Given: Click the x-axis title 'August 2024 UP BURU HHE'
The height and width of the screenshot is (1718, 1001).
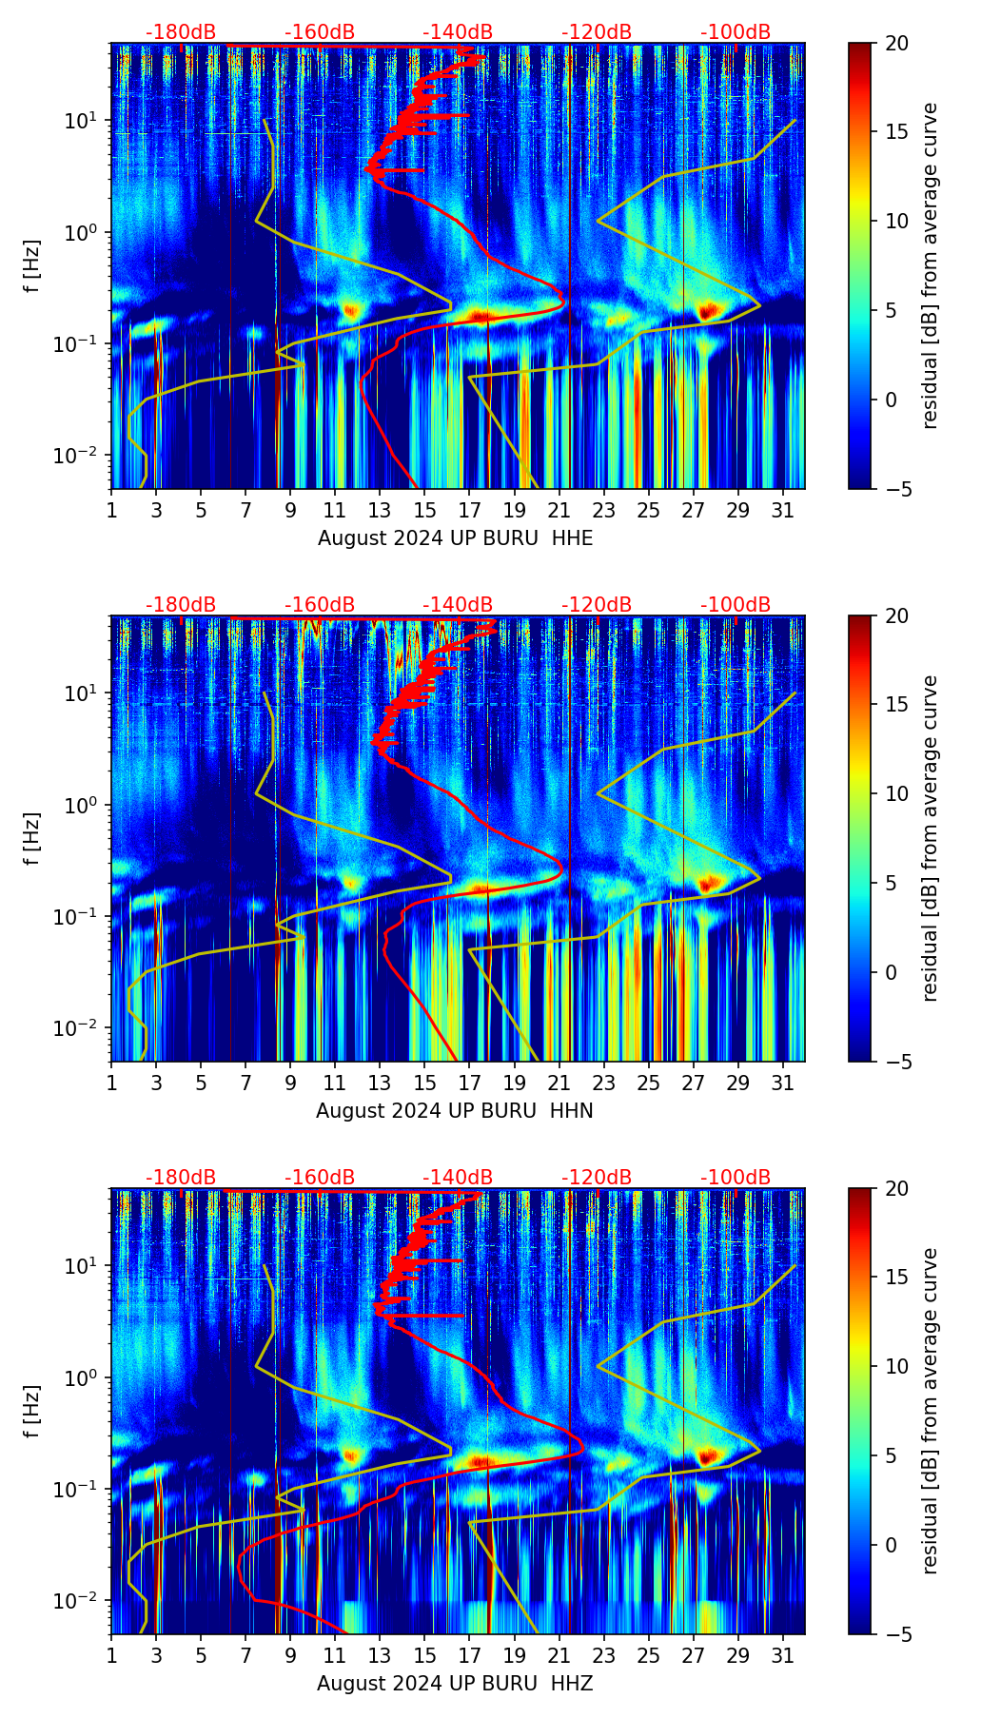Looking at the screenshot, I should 455,538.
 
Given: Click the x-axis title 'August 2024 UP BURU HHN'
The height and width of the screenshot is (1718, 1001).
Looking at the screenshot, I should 455,1111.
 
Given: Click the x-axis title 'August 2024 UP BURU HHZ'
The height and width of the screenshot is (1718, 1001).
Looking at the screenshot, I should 455,1684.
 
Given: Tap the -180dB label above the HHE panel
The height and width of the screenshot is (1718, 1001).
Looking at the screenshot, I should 181,32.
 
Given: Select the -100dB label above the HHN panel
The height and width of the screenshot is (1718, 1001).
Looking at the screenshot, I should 736,605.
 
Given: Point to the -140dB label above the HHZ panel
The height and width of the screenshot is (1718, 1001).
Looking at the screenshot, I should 458,1178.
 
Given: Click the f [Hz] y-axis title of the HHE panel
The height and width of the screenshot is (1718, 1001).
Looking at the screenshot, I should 32,265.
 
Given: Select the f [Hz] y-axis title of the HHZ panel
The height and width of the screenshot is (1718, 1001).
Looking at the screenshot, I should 32,1411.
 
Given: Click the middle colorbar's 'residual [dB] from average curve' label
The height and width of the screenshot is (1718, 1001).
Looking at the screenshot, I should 931,838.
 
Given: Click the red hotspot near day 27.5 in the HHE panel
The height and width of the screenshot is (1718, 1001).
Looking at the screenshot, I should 706,310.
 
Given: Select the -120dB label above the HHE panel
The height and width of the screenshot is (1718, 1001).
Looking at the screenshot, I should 597,32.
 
